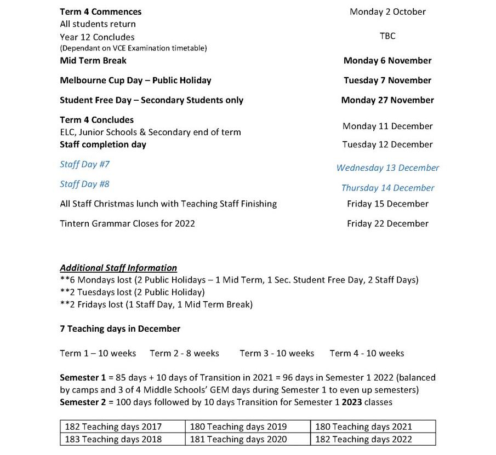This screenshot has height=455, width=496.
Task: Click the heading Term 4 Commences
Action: [100, 11]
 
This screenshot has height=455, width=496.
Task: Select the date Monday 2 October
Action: [387, 11]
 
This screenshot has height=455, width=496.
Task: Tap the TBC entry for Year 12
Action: [387, 36]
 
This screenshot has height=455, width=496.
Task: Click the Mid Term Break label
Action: [93, 61]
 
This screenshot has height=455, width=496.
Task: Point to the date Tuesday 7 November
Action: [387, 80]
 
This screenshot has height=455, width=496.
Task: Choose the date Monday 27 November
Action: [387, 100]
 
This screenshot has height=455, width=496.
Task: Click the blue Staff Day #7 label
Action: [85, 164]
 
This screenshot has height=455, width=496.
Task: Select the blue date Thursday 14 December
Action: [387, 188]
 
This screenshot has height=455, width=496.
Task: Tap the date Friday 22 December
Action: [387, 223]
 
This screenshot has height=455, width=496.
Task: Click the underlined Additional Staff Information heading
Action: [118, 268]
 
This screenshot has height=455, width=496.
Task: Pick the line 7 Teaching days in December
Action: [120, 329]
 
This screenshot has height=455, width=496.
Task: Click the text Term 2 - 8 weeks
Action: [184, 353]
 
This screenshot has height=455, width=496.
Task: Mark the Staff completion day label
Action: [103, 145]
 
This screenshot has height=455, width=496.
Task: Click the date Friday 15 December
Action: [387, 204]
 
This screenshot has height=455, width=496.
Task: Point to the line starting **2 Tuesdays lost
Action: [132, 292]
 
